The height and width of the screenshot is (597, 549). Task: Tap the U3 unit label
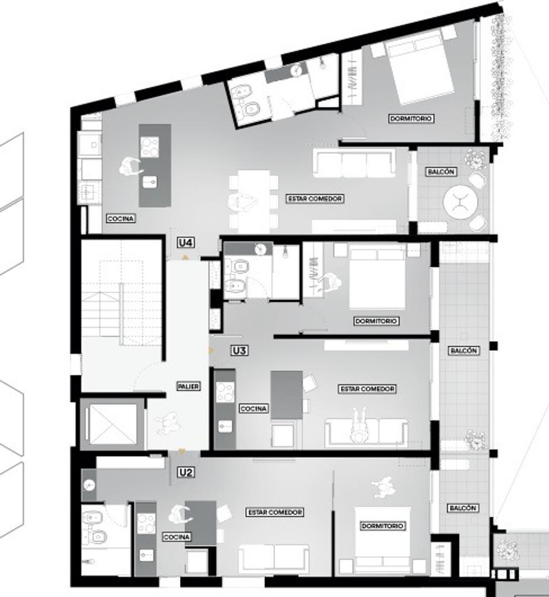click(239, 350)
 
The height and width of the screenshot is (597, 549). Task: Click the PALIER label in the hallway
click(188, 386)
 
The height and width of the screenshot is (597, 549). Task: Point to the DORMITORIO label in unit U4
click(411, 118)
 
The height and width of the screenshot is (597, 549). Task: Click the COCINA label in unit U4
click(120, 219)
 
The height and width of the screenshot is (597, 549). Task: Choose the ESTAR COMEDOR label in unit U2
click(274, 512)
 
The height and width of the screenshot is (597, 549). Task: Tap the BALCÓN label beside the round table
click(441, 172)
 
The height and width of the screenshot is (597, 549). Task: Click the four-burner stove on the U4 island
click(150, 146)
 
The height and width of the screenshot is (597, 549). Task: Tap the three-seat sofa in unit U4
click(353, 164)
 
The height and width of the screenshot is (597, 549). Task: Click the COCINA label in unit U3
click(254, 409)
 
